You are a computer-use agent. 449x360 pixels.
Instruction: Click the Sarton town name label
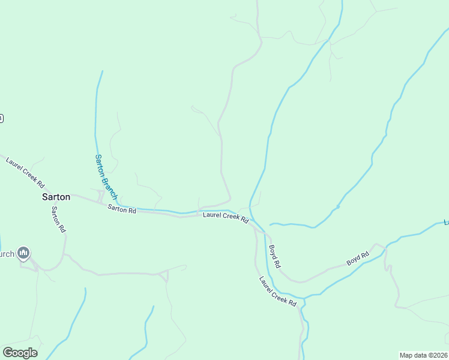coord(56,197)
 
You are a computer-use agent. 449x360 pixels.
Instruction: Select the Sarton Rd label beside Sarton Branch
coord(122,209)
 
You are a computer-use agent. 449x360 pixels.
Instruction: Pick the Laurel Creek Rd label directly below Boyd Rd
coord(278,291)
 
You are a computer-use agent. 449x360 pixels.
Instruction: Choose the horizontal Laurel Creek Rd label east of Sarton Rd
coord(225,217)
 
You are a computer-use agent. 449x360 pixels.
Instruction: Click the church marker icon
coord(23,253)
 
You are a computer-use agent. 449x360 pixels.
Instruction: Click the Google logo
coord(20,353)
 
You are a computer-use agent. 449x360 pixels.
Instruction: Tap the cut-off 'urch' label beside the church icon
coord(7,254)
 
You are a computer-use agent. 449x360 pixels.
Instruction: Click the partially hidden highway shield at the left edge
coord(2,118)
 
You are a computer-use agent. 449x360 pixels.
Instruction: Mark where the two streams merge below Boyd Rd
coord(304,297)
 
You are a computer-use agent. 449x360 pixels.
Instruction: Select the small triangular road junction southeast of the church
coord(164,275)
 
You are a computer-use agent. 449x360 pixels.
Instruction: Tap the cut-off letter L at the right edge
coord(446,222)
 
